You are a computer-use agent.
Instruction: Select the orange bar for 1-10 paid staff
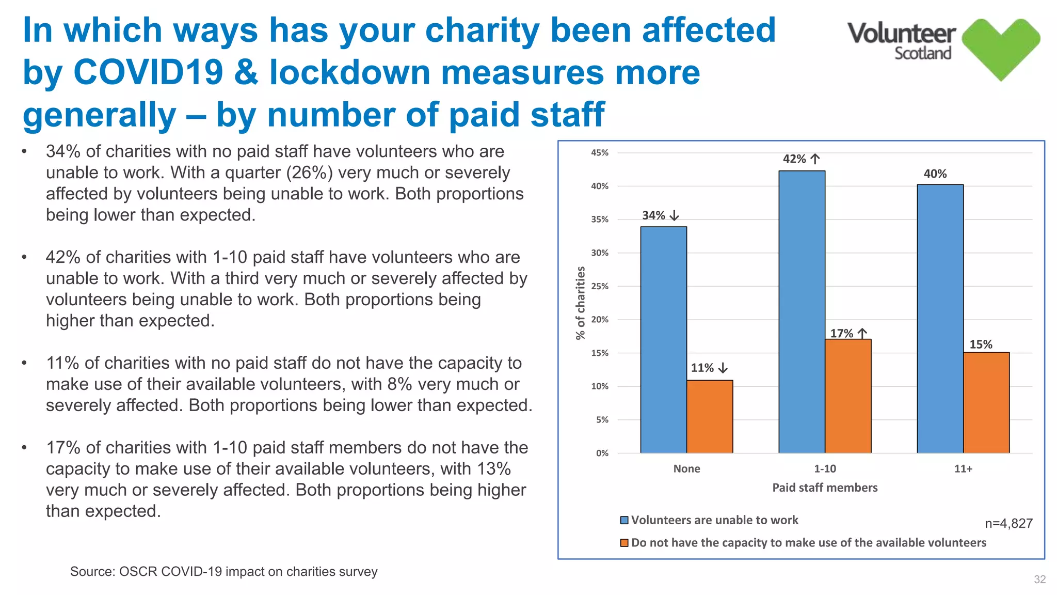(848, 396)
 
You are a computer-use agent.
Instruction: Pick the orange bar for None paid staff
(710, 417)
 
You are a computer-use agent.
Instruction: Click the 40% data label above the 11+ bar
(935, 174)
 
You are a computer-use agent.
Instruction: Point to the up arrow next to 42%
(815, 159)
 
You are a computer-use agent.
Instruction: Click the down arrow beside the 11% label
(723, 368)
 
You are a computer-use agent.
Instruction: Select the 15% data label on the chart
(981, 345)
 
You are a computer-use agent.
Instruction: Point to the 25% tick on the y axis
(599, 286)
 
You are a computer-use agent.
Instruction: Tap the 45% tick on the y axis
(599, 153)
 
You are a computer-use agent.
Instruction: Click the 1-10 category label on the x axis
(825, 469)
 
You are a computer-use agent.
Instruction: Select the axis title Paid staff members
(825, 488)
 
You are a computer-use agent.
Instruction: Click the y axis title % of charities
(581, 303)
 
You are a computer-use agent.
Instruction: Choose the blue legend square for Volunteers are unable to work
(624, 520)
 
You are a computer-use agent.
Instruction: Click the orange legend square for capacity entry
(624, 543)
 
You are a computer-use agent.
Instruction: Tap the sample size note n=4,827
(1008, 524)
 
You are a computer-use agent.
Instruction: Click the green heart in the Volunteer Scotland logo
(1000, 48)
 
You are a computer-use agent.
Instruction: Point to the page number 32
(1039, 580)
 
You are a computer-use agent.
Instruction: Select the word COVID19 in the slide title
(149, 72)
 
